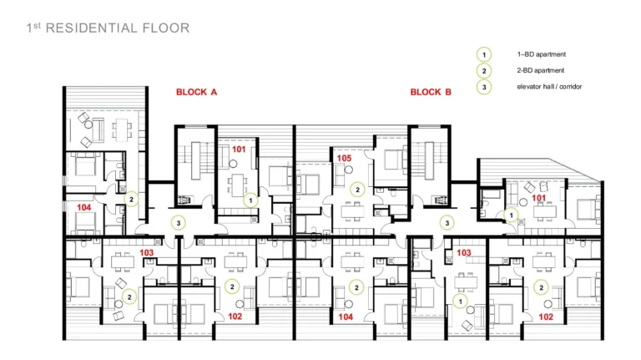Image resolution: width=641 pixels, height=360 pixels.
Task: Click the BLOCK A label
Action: (196, 92)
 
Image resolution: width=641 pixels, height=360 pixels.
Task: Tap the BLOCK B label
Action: (431, 92)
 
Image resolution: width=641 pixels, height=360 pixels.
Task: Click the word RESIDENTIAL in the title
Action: (92, 28)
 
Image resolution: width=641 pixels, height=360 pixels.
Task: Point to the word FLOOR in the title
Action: (166, 28)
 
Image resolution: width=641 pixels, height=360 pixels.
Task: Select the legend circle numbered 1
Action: (484, 54)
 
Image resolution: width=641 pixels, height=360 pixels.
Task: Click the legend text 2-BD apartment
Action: (541, 70)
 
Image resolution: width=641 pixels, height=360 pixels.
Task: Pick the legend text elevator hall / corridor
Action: (549, 87)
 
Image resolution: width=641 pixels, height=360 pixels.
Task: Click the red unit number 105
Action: (344, 159)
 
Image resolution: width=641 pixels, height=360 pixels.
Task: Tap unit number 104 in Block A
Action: (83, 207)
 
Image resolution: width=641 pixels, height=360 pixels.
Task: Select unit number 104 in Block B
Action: (346, 317)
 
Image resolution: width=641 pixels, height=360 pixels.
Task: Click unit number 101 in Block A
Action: (239, 150)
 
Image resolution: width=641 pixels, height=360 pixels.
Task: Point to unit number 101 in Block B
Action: (539, 198)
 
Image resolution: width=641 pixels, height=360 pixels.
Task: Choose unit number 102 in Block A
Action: (235, 317)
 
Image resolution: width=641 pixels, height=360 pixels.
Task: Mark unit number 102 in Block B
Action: (546, 317)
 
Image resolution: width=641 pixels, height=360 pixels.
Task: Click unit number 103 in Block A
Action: (146, 253)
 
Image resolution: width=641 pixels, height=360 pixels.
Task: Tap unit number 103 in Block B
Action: (463, 253)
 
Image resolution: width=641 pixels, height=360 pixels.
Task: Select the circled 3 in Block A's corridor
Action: (179, 223)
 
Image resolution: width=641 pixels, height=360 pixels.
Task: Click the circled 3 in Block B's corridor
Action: (447, 223)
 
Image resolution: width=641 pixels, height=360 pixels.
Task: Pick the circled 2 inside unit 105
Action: (357, 190)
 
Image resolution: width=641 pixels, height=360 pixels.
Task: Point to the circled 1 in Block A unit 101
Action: (250, 200)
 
